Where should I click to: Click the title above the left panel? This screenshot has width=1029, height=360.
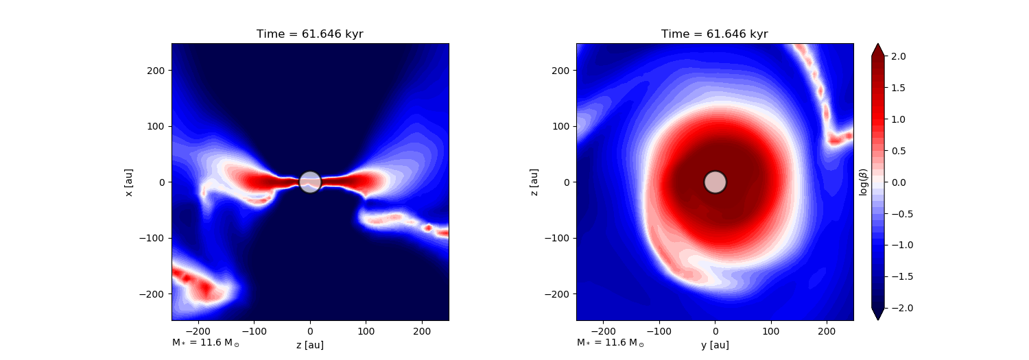pos(309,34)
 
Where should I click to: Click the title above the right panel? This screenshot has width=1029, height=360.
pos(714,34)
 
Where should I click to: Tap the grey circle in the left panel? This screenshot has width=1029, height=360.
pos(310,182)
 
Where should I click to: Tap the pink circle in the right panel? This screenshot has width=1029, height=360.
pos(715,182)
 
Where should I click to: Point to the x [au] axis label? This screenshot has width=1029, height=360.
pos(129,182)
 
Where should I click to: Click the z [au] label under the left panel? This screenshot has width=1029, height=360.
pos(309,345)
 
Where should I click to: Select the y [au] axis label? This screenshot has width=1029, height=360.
pos(715,345)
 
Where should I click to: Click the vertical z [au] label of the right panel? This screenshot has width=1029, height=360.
pos(534,182)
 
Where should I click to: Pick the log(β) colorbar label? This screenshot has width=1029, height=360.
pos(863,182)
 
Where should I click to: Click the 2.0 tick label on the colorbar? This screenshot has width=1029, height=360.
pos(898,56)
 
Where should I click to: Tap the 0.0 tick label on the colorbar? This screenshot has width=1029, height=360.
pos(898,182)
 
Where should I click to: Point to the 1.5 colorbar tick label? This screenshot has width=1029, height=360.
pos(898,88)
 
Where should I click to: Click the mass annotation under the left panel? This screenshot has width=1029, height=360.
pos(205,343)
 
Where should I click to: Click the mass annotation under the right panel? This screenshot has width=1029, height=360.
pos(611,343)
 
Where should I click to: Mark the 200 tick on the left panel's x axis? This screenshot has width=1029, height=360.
pos(422,331)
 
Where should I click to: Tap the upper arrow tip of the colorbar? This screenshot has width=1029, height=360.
pos(878,44)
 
